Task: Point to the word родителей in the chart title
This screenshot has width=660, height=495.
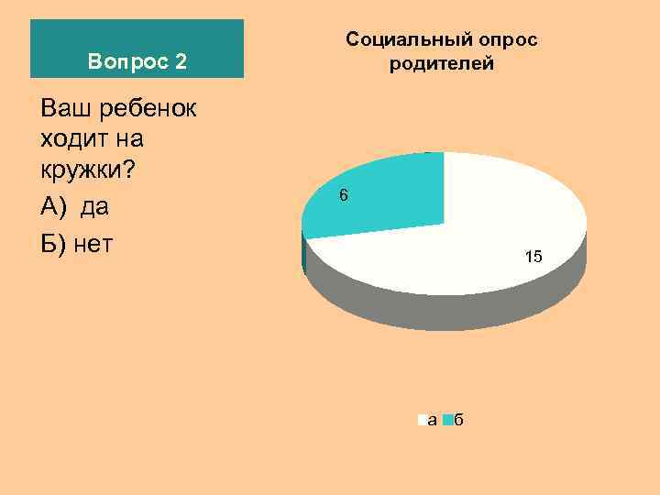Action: tap(441, 63)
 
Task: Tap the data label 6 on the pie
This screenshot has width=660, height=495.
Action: tap(343, 195)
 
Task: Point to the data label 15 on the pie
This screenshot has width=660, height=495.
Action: tap(533, 258)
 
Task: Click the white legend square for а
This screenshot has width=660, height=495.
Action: tap(422, 421)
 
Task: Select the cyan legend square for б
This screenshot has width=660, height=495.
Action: tap(448, 421)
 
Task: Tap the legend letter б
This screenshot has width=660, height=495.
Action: tap(459, 420)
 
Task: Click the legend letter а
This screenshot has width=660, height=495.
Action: tap(432, 421)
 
